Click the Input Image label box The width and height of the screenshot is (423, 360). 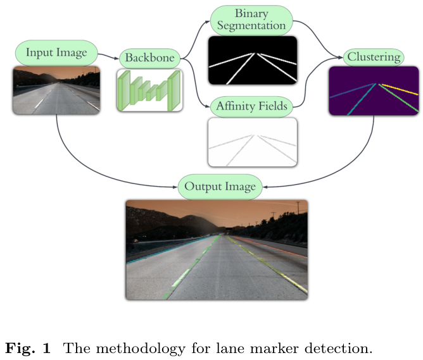[x=56, y=53]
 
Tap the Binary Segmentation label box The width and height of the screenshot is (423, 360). [x=251, y=20]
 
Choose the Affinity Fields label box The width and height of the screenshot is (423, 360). [x=251, y=106]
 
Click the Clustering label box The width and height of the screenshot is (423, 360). [x=374, y=57]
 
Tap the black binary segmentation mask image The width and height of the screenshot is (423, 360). [x=252, y=60]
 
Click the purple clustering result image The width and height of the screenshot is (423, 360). [x=374, y=91]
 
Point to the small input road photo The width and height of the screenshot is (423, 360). [x=56, y=90]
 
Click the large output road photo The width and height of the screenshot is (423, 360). [x=217, y=250]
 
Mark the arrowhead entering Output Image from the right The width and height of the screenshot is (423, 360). [x=267, y=187]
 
